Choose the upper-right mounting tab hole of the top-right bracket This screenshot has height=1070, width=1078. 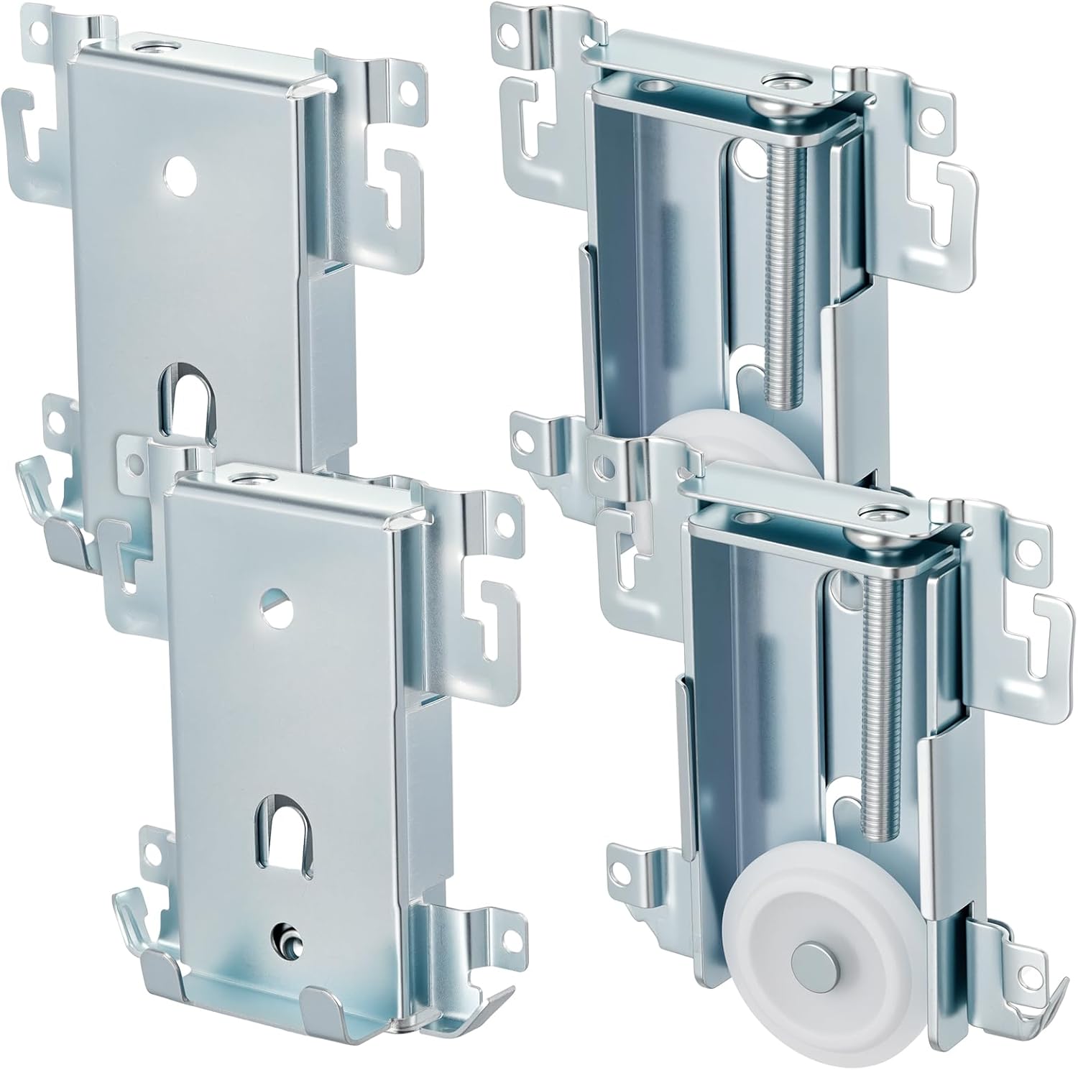(934, 113)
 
